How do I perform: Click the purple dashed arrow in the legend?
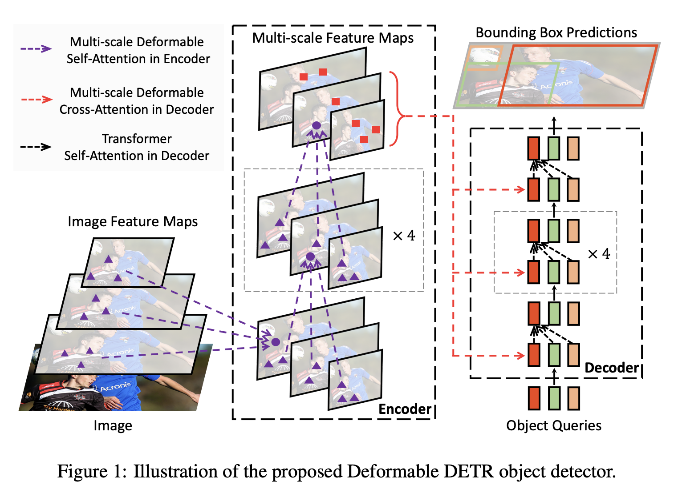(x=37, y=49)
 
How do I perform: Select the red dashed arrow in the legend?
(x=37, y=99)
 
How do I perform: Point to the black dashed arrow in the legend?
(x=37, y=147)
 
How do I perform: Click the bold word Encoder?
(x=405, y=409)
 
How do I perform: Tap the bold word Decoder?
(x=611, y=368)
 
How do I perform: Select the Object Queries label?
(x=554, y=425)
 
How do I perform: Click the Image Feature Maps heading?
(x=133, y=221)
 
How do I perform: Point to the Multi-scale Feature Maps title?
(x=333, y=38)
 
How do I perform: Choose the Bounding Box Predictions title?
(x=556, y=32)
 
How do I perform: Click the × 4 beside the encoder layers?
(x=404, y=235)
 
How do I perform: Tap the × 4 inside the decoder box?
(x=599, y=254)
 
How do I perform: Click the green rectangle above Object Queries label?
(x=554, y=398)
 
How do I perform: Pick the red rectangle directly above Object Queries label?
(x=534, y=398)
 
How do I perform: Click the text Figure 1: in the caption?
(x=92, y=471)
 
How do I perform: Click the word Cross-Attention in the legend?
(x=101, y=109)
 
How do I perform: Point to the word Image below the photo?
(x=113, y=425)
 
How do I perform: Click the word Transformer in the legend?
(x=137, y=139)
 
